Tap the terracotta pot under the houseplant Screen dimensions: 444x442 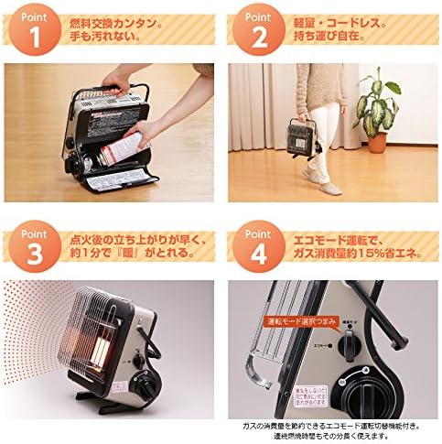(377, 141)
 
